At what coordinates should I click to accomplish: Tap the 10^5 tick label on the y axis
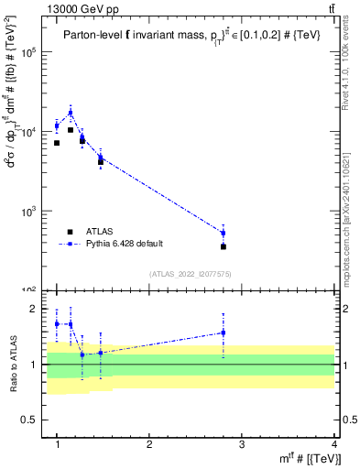point(30,53)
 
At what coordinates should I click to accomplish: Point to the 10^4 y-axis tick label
point(30,132)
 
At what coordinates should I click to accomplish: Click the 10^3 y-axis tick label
point(30,212)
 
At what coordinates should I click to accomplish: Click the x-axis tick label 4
point(333,445)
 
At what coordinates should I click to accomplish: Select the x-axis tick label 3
point(241,445)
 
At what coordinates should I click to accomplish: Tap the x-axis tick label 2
point(149,445)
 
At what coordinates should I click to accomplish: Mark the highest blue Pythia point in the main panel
point(71,113)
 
